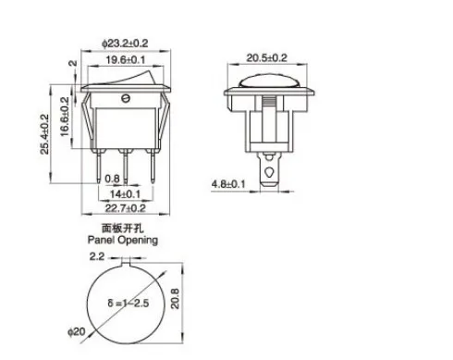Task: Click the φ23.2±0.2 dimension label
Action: click(125, 43)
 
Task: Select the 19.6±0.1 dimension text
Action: click(126, 59)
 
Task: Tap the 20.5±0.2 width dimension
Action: click(267, 57)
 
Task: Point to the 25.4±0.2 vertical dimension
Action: click(44, 134)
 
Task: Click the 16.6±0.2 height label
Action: click(65, 117)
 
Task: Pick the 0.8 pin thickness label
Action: click(112, 179)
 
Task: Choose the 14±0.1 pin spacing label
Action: click(126, 194)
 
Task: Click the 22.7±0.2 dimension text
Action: click(125, 208)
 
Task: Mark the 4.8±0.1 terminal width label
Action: click(228, 184)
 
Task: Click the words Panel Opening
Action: click(123, 240)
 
